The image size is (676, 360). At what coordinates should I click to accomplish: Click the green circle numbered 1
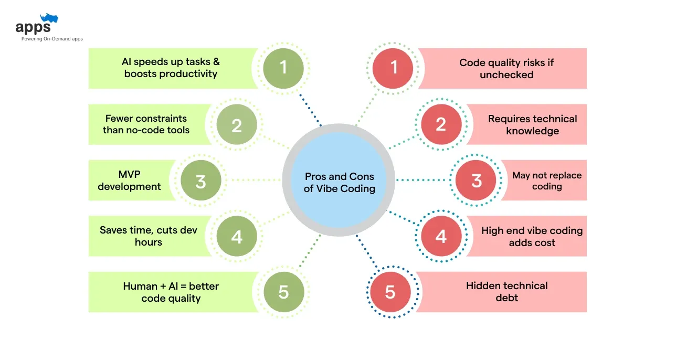tap(283, 68)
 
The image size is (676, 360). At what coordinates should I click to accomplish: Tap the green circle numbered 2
tap(237, 125)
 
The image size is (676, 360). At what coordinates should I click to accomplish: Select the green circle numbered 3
tap(200, 181)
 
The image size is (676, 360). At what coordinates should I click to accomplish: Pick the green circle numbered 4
tap(237, 236)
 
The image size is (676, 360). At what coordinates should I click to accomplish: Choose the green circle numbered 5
tap(283, 292)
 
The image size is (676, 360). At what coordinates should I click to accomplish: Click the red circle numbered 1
tap(392, 68)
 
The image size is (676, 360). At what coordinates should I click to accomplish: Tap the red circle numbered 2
tap(441, 124)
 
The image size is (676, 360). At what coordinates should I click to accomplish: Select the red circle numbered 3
tap(476, 181)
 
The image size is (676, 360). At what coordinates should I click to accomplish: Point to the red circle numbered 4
tap(441, 236)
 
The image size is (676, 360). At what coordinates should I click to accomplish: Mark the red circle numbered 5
tap(390, 292)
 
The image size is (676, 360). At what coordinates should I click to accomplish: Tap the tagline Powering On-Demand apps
tap(52, 39)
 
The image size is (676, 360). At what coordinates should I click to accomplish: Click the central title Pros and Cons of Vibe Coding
tap(340, 183)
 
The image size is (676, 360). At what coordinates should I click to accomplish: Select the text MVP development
tap(129, 181)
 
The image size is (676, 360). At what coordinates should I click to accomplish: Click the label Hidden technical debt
tap(506, 292)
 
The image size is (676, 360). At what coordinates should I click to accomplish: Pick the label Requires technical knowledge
tap(532, 125)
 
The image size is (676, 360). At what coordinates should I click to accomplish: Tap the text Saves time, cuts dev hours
tap(149, 236)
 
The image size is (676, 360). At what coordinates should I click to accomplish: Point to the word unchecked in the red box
tap(506, 75)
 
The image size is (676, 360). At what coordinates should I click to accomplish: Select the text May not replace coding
tap(547, 181)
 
